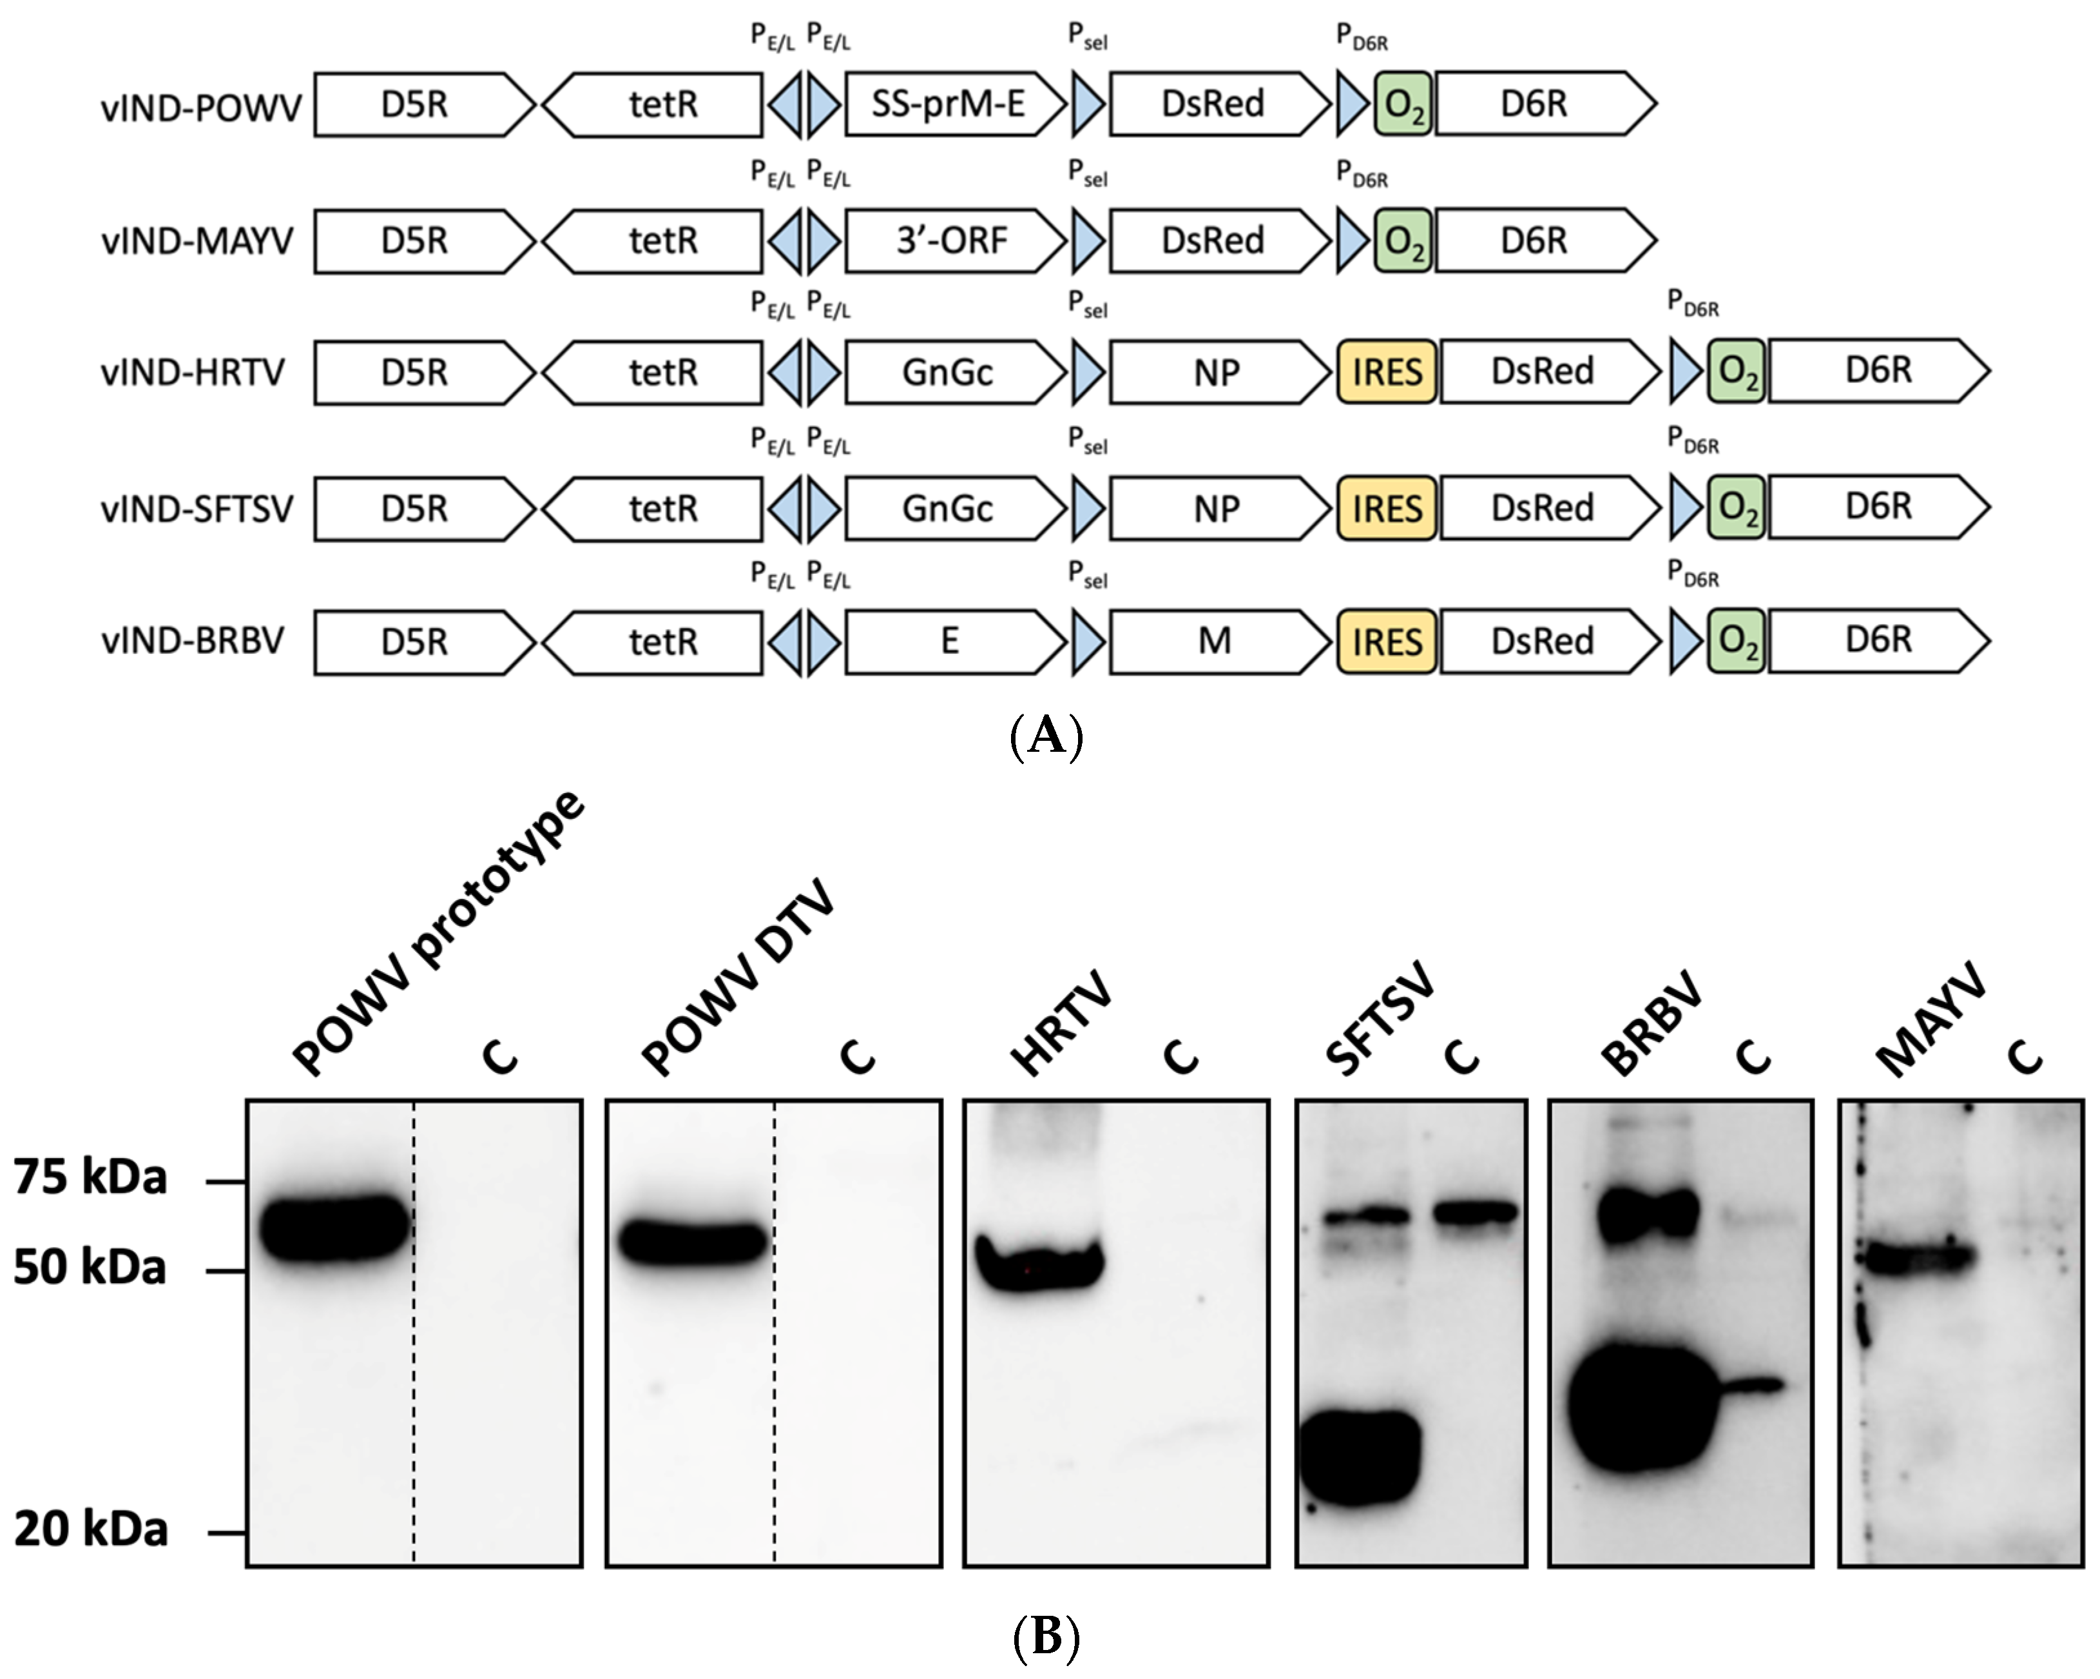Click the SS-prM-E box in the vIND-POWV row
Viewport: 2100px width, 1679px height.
click(x=950, y=103)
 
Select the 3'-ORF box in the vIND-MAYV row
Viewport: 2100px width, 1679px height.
click(x=950, y=240)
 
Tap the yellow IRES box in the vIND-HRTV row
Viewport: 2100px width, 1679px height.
click(x=1386, y=371)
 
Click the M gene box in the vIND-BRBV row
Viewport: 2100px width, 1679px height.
click(x=1215, y=641)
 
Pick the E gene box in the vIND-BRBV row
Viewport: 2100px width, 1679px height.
click(x=950, y=641)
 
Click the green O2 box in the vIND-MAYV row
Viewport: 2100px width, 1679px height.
click(x=1403, y=240)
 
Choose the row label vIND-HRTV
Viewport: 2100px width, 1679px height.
click(x=193, y=372)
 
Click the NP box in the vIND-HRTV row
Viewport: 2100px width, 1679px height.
click(x=1215, y=371)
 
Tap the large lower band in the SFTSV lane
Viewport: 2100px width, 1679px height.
click(x=1361, y=1457)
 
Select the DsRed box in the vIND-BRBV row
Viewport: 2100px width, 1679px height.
click(x=1542, y=641)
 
